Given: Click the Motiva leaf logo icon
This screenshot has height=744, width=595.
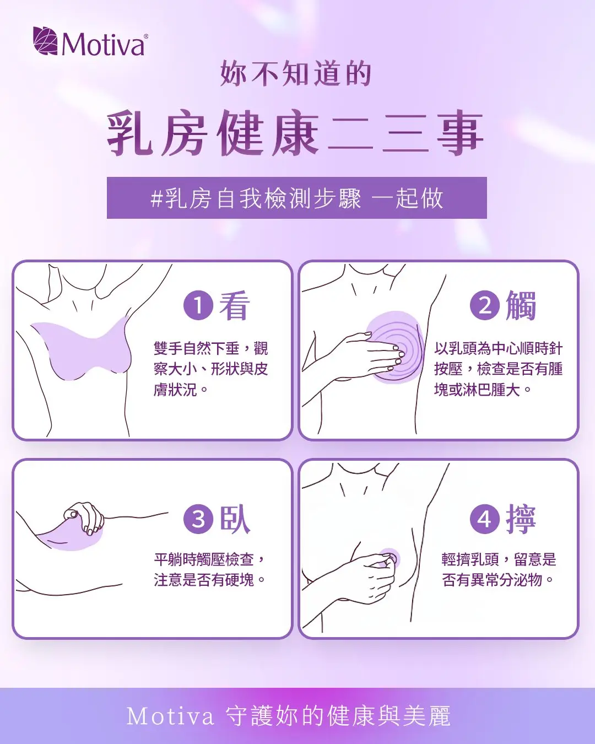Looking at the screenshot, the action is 45,41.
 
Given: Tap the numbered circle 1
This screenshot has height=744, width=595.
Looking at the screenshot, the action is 198,305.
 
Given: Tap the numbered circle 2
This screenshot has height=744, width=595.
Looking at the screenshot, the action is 485,305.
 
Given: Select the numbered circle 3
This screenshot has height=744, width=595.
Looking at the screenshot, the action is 198,519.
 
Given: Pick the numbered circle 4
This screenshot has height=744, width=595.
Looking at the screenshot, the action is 485,519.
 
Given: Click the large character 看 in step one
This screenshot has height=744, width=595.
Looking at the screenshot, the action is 235,305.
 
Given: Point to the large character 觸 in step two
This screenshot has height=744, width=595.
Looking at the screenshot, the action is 521,305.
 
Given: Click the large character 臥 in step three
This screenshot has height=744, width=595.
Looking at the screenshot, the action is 235,519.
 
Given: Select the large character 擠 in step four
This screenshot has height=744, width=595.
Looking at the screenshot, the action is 521,519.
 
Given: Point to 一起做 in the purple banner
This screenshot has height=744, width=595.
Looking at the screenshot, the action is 407,198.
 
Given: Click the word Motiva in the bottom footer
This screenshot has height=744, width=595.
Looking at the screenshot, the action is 170,716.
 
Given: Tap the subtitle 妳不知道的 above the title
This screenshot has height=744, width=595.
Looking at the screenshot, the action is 296,73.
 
